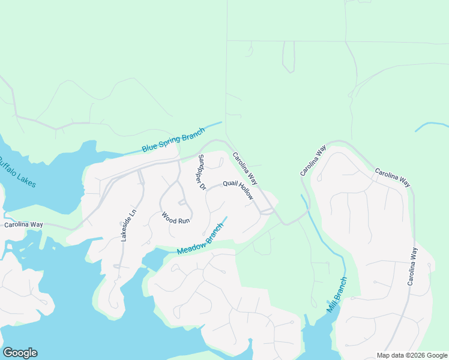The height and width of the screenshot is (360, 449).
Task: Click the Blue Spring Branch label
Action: pos(173,140)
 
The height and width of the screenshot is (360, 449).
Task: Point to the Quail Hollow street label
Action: pos(238,190)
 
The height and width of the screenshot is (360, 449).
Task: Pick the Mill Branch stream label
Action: pos(337,295)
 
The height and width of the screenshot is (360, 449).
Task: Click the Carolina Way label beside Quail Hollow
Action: pos(245,168)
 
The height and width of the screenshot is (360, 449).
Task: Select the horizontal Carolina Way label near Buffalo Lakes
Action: pos(23,224)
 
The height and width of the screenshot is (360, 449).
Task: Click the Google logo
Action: pos(20,353)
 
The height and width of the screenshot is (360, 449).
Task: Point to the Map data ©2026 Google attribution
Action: pos(412,355)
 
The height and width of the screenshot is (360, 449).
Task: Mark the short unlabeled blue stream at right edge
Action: pos(431,126)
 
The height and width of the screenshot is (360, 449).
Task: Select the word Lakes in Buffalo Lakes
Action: pos(27,179)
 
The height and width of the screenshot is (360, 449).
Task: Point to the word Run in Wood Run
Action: pos(184,221)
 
